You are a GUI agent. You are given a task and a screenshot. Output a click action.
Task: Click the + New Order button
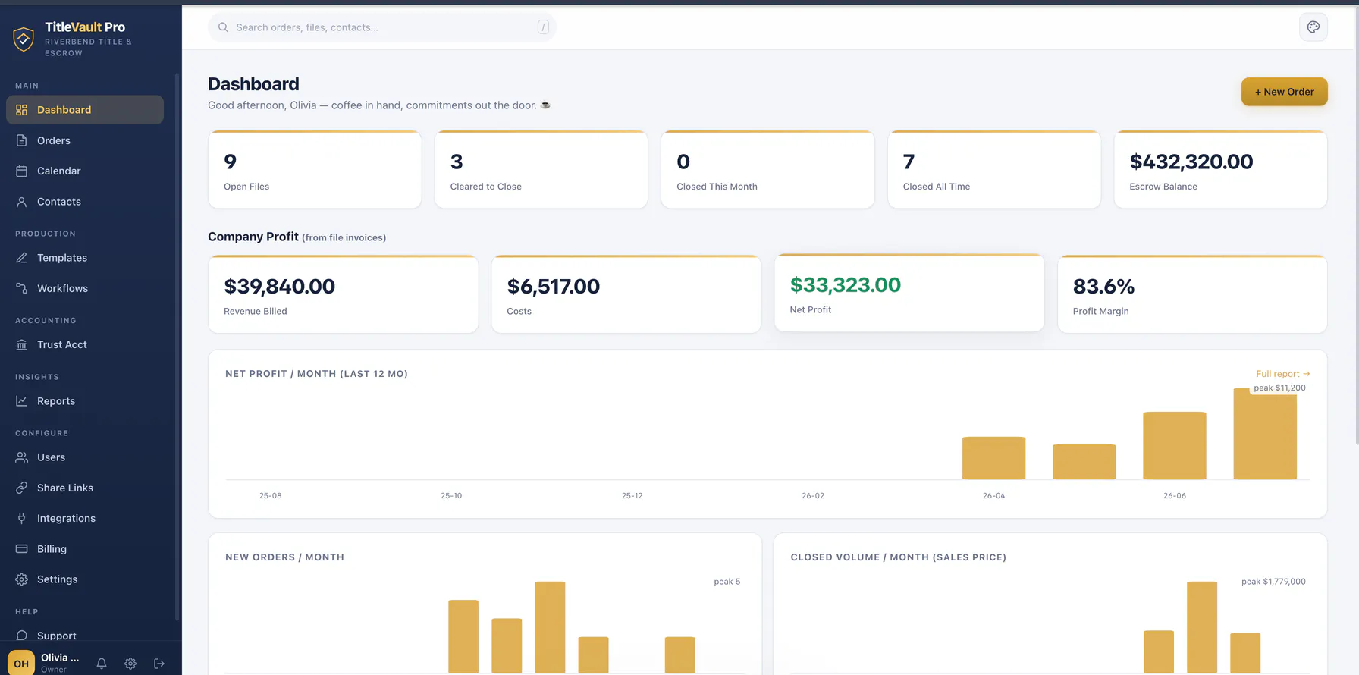(x=1284, y=92)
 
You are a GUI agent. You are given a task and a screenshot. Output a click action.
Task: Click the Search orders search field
(x=382, y=27)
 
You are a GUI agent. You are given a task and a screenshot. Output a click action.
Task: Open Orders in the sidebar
(x=54, y=140)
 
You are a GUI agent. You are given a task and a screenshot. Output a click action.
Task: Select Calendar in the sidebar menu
(x=59, y=171)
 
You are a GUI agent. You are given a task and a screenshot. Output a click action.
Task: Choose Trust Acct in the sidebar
(x=62, y=344)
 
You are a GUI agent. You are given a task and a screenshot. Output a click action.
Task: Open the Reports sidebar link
(x=56, y=401)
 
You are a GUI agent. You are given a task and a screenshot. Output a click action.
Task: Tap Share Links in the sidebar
(x=65, y=488)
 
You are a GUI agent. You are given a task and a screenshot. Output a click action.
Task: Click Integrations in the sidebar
(x=66, y=518)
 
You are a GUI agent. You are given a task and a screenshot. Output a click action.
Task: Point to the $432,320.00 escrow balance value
(x=1191, y=162)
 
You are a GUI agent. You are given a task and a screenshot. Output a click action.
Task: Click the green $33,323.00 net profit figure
(x=846, y=284)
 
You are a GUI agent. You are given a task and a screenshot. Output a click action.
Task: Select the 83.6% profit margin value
(x=1103, y=286)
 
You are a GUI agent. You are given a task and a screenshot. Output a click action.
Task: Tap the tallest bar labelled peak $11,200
(x=1265, y=434)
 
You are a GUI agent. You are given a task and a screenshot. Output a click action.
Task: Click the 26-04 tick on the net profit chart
(x=993, y=496)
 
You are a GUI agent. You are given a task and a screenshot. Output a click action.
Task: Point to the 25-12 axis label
(x=632, y=496)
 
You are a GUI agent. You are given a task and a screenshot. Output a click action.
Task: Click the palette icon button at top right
(x=1313, y=27)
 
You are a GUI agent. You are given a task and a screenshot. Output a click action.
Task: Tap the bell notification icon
(x=102, y=664)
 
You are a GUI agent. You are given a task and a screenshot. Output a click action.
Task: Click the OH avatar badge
(x=21, y=663)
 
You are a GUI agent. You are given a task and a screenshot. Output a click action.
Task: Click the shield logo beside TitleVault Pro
(x=24, y=39)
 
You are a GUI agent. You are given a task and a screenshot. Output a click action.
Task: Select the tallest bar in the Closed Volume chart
(x=1202, y=627)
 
